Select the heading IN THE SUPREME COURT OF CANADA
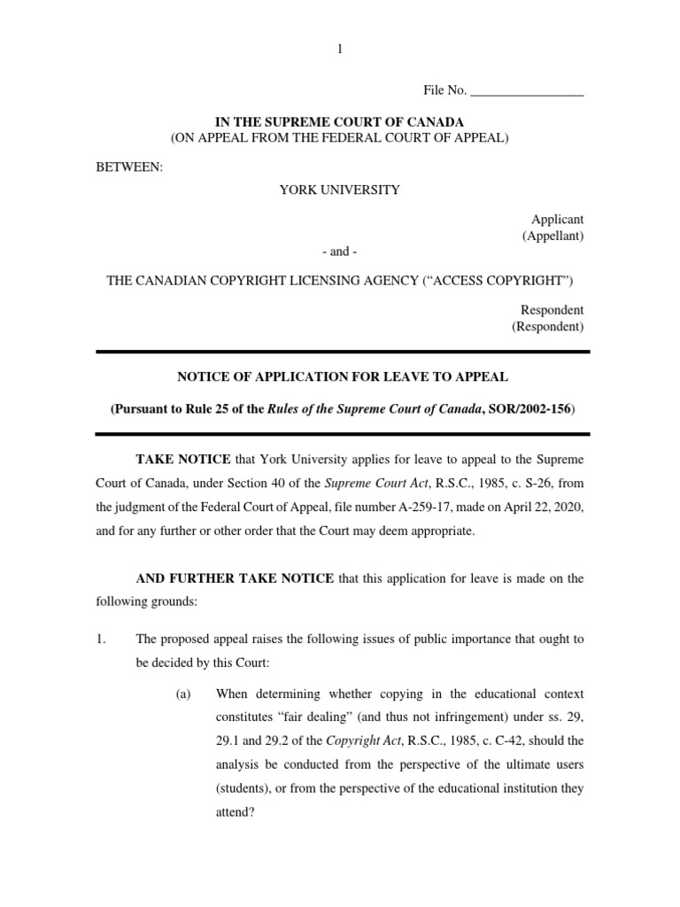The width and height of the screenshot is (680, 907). pyautogui.click(x=339, y=121)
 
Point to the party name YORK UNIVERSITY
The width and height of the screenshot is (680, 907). pyautogui.click(x=340, y=190)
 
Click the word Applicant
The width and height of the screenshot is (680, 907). pyautogui.click(x=557, y=219)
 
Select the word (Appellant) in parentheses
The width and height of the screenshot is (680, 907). pyautogui.click(x=552, y=236)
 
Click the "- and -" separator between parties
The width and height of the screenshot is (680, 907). pyautogui.click(x=340, y=252)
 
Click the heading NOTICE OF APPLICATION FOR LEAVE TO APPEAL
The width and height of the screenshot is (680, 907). pyautogui.click(x=343, y=376)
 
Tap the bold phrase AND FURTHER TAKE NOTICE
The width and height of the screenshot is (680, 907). pyautogui.click(x=235, y=578)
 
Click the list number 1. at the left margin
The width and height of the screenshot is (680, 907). pyautogui.click(x=101, y=639)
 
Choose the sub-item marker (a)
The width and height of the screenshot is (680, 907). pyautogui.click(x=184, y=694)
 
